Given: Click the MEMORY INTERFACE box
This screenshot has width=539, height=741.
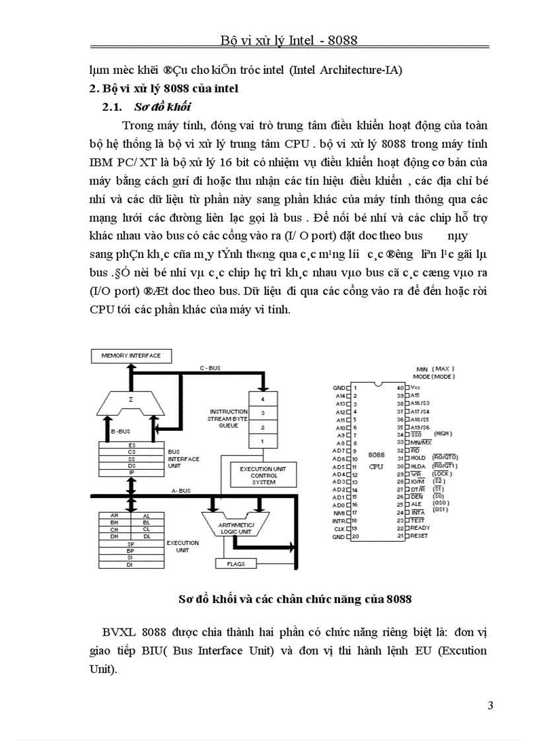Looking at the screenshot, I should pyautogui.click(x=131, y=356).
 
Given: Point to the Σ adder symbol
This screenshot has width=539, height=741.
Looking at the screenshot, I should pyautogui.click(x=131, y=400).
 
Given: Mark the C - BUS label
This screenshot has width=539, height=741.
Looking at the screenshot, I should pyautogui.click(x=210, y=368).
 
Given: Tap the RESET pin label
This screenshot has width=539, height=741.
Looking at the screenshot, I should pyautogui.click(x=419, y=536).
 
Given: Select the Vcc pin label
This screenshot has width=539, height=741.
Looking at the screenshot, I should pyautogui.click(x=415, y=387).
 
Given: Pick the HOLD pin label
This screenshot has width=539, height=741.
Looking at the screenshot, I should pyautogui.click(x=418, y=458).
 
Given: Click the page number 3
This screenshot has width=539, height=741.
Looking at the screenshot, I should pyautogui.click(x=490, y=705).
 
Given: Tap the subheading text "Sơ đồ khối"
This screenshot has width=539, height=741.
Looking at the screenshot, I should pyautogui.click(x=162, y=107).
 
